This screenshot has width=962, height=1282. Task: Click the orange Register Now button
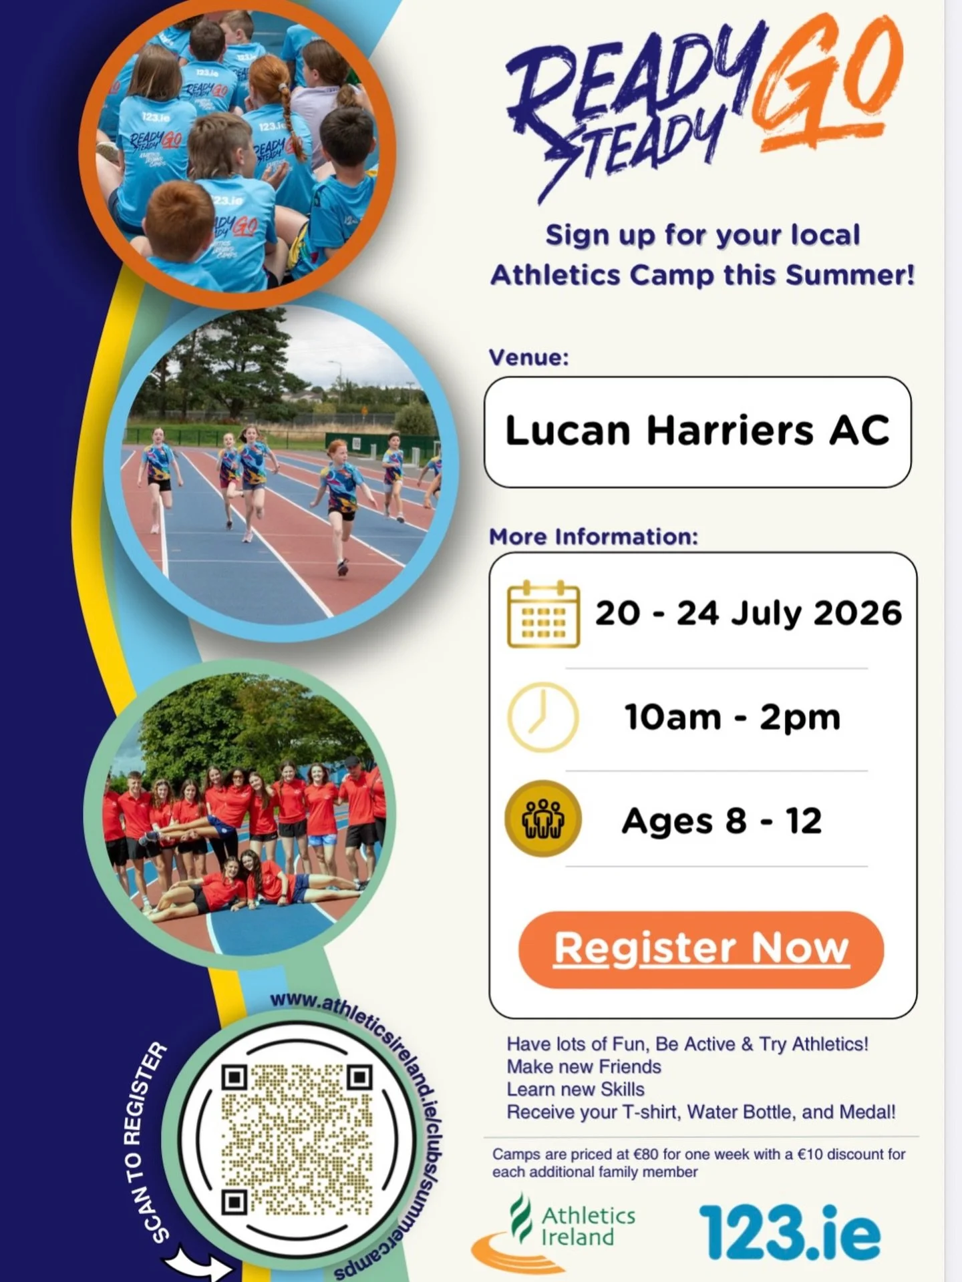(x=701, y=949)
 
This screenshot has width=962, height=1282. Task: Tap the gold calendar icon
(x=543, y=614)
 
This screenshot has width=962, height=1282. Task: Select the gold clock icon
(x=542, y=717)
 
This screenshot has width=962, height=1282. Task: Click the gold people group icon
(x=542, y=819)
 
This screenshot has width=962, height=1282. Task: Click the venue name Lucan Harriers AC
(x=697, y=431)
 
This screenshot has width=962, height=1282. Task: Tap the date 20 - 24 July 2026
(x=748, y=613)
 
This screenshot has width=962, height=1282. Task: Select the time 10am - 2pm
(x=732, y=717)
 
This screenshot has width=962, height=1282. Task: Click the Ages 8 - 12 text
(x=721, y=821)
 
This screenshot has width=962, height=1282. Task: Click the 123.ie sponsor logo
(x=790, y=1233)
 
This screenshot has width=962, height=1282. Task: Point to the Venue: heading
(x=528, y=357)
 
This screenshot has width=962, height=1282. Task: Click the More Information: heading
(x=593, y=537)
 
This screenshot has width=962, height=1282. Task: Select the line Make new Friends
(x=584, y=1066)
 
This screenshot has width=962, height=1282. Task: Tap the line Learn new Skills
(x=575, y=1089)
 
